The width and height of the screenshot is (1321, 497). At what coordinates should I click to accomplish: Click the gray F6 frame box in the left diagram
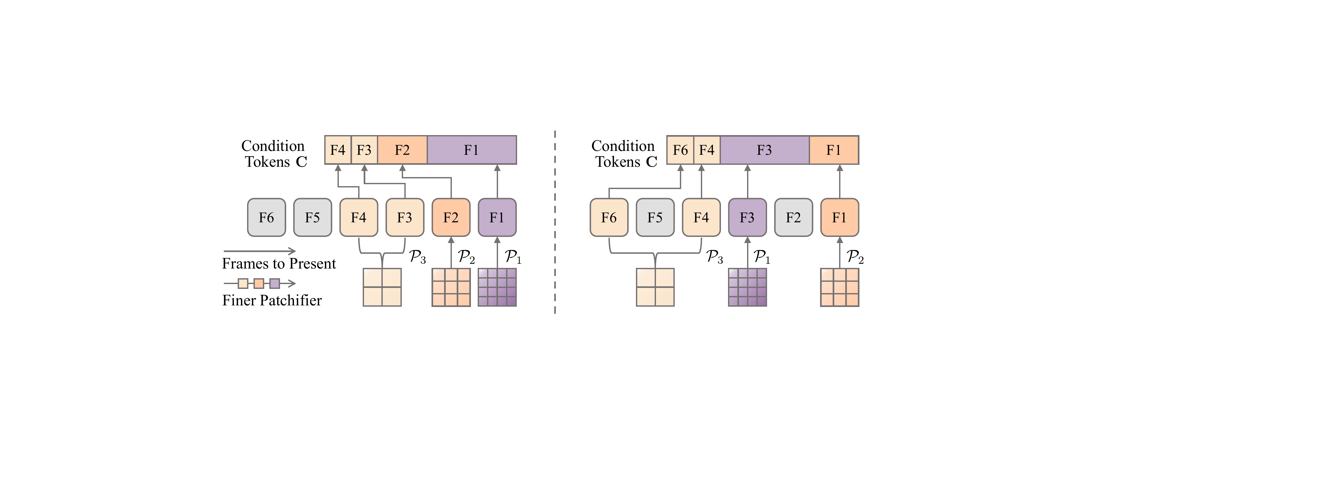[266, 217]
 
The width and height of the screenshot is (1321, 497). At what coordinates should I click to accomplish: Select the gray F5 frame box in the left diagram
[312, 217]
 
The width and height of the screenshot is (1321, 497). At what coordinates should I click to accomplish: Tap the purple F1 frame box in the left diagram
[497, 217]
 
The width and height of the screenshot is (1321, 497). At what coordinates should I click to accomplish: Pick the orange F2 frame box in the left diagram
[451, 217]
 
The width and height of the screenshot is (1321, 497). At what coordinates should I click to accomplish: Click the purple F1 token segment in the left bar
[471, 150]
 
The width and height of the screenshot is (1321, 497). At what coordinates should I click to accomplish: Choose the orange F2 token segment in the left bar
[402, 150]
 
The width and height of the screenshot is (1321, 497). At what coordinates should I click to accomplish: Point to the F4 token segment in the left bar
[338, 150]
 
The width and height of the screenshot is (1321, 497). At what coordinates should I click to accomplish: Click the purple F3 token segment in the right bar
[764, 150]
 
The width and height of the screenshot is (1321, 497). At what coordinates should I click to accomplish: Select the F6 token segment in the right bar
[680, 150]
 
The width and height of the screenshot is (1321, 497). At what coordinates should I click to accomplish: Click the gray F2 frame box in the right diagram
[793, 217]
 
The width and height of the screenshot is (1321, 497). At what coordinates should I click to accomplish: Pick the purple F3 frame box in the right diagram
[747, 217]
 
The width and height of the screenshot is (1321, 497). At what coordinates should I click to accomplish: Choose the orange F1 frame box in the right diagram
[839, 217]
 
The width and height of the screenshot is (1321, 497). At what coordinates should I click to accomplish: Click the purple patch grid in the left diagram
[497, 287]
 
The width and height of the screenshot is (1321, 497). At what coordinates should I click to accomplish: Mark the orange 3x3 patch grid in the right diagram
[839, 287]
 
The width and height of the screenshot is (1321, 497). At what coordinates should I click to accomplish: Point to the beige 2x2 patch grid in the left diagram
[382, 287]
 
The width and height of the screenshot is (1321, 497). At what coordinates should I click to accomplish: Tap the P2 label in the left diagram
[466, 257]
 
